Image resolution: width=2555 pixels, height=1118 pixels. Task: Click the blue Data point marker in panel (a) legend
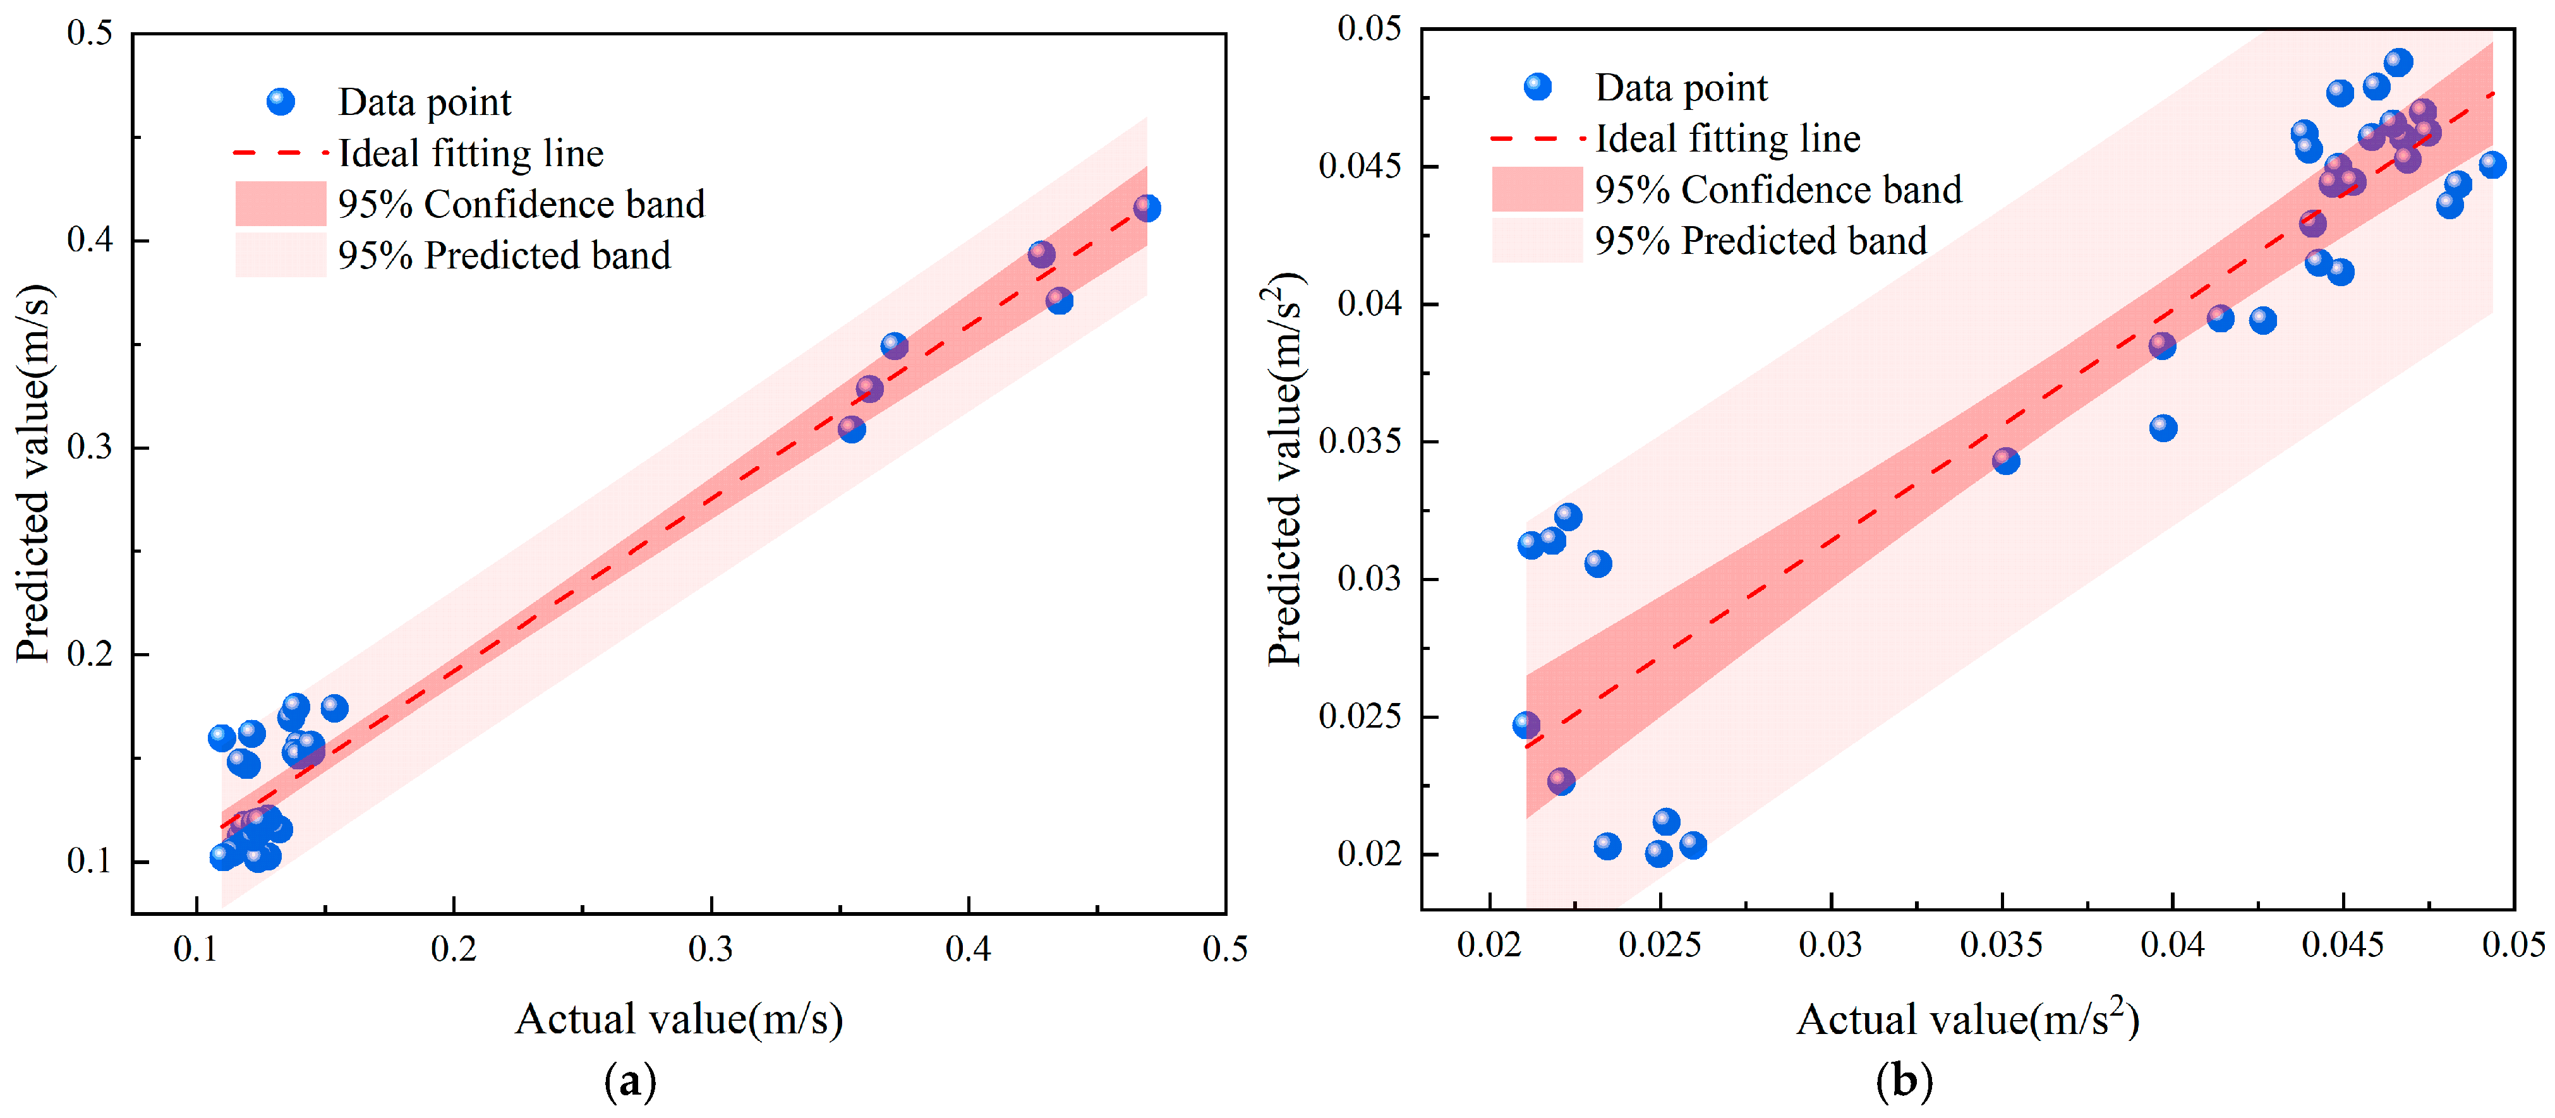coord(281,101)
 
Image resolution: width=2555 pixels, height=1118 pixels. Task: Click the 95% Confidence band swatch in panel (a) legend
coord(281,203)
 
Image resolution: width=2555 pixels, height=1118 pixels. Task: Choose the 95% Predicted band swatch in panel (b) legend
coord(1537,240)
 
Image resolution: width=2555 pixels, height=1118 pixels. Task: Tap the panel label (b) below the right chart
coord(1904,1080)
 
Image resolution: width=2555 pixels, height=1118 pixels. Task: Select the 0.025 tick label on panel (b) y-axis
coord(1360,716)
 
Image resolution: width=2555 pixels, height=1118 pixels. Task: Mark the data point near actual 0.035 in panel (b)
coord(2005,460)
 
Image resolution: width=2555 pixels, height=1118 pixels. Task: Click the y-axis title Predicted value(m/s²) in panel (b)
coord(1286,468)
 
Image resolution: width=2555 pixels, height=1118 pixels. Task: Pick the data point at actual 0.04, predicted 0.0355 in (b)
coord(2163,428)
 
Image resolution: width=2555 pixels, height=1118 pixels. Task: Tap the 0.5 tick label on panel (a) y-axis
coord(89,33)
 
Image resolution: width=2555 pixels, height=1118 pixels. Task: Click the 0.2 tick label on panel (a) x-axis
coord(453,949)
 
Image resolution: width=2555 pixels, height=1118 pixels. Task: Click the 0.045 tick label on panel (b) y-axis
coord(1360,165)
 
